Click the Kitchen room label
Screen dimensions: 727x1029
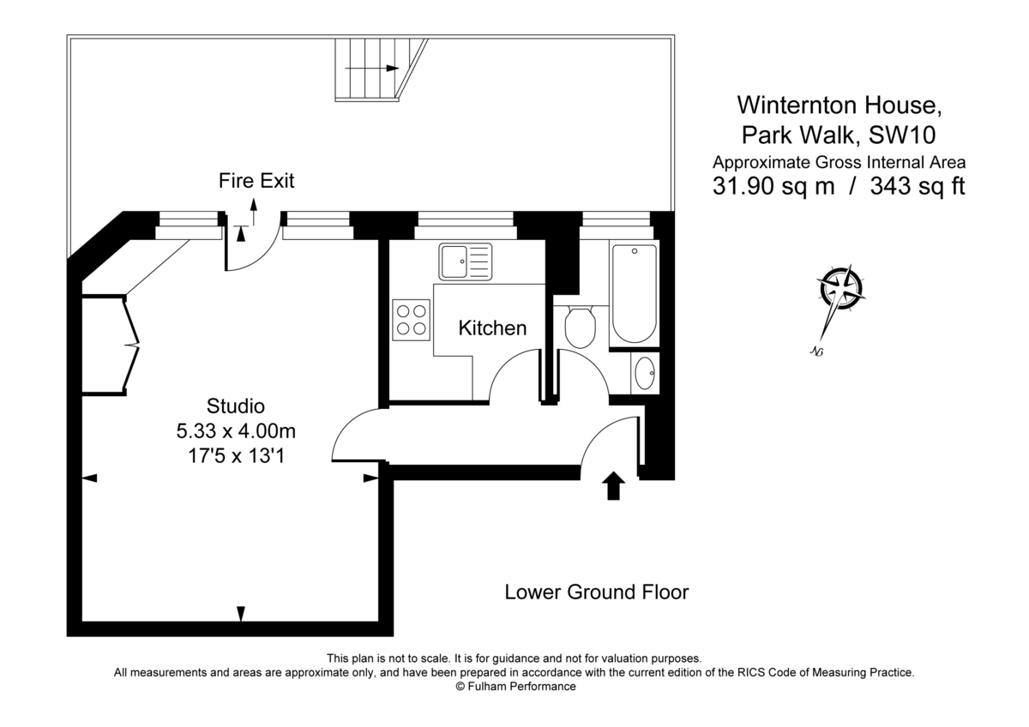(492, 327)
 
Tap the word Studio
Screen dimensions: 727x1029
(236, 406)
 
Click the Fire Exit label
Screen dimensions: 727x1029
(256, 181)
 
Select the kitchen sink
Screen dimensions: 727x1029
(466, 261)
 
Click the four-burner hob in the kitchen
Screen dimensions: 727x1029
(411, 319)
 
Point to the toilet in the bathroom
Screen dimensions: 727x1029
(581, 326)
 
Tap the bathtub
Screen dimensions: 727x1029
(635, 294)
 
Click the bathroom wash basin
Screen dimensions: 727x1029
(645, 373)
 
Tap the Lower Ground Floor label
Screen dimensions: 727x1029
(596, 592)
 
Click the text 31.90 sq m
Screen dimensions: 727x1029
(773, 187)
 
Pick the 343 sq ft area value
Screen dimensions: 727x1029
(918, 187)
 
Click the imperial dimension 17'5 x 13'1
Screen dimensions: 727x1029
(236, 456)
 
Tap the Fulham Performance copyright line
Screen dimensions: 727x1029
(515, 687)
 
